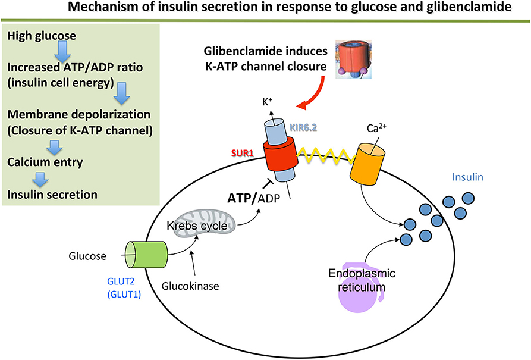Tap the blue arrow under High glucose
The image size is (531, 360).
[x=61, y=54]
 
